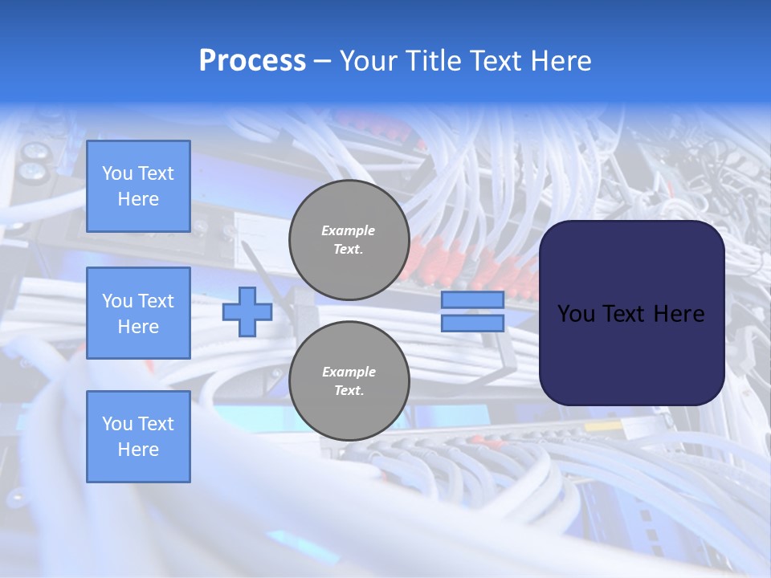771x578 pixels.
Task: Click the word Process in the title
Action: click(252, 61)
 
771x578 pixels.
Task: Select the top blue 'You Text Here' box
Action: click(138, 186)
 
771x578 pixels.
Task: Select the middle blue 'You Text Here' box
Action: click(138, 313)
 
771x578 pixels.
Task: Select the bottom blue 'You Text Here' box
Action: click(138, 436)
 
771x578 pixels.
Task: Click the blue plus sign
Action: click(247, 311)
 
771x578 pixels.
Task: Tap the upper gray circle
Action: click(349, 239)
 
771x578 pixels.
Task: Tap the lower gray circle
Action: click(349, 381)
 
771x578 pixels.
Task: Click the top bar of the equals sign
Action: click(472, 300)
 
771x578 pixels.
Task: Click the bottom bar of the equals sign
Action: click(472, 323)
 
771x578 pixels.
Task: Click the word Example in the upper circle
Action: click(349, 230)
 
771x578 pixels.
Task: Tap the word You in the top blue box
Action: click(117, 173)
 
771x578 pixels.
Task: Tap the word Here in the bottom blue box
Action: click(138, 450)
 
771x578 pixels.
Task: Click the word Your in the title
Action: click(368, 61)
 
